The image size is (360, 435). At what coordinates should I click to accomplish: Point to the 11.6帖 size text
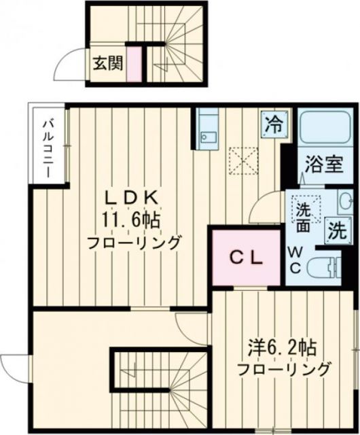(x=141, y=220)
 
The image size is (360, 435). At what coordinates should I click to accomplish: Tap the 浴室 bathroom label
(x=323, y=166)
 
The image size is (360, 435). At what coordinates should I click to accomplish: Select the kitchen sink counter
(x=206, y=128)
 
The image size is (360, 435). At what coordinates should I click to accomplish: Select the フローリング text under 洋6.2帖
(x=283, y=370)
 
